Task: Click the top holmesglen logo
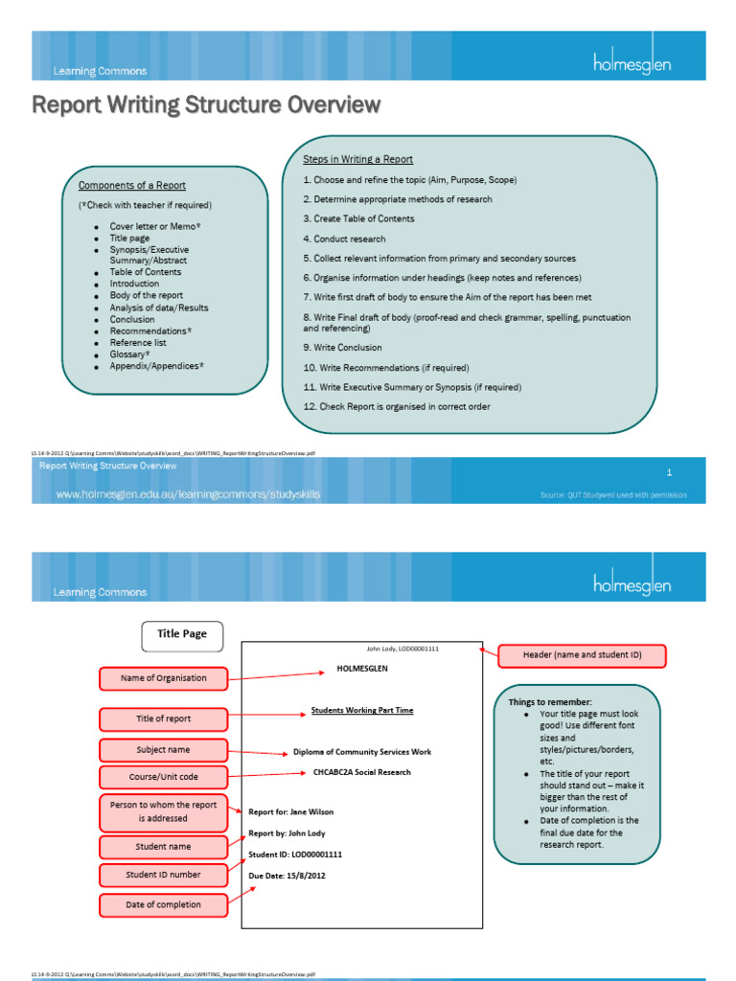(x=632, y=64)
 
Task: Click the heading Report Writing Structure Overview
(x=207, y=104)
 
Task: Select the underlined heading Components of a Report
(x=132, y=186)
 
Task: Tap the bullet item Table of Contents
(x=146, y=272)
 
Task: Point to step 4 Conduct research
(x=345, y=239)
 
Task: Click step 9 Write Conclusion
(x=342, y=348)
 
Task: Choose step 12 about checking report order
(x=397, y=407)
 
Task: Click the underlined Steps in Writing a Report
(x=358, y=159)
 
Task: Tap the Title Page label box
(x=182, y=633)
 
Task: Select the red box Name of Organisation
(x=164, y=678)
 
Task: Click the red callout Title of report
(x=164, y=719)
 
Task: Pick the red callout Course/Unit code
(x=164, y=776)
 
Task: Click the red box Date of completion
(x=164, y=903)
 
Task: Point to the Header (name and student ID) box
(x=582, y=655)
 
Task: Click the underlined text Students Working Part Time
(x=362, y=711)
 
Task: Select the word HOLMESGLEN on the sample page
(x=362, y=669)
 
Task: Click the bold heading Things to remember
(x=551, y=702)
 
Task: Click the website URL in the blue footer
(x=189, y=494)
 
